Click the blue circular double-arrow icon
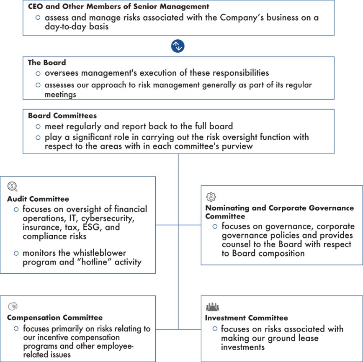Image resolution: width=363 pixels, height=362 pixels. (178, 46)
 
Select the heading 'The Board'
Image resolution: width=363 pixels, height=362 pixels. (47, 63)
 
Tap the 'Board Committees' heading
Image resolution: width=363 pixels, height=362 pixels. (62, 116)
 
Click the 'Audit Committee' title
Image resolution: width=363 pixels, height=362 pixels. (38, 199)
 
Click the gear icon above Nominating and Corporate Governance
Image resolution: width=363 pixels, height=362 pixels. (211, 197)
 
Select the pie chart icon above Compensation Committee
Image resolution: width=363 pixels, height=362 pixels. (13, 306)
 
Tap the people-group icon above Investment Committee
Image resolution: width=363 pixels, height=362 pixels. (212, 308)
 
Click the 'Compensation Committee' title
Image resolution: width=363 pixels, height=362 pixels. (55, 318)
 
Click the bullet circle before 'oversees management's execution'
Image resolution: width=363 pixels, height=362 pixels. (38, 73)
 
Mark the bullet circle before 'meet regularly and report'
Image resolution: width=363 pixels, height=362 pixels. (38, 126)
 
